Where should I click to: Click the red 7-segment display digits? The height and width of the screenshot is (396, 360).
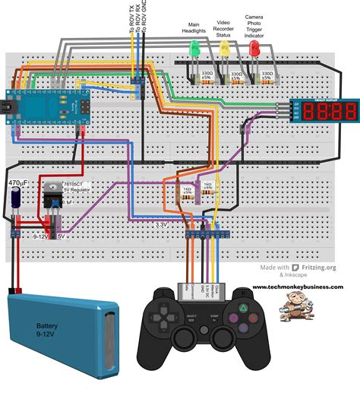330,112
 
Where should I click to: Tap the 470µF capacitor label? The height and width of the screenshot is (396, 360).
19,183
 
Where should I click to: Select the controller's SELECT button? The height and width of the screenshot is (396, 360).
191,316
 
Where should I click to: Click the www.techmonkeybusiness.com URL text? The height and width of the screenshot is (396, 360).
297,287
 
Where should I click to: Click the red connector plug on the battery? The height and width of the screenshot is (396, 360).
13,290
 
